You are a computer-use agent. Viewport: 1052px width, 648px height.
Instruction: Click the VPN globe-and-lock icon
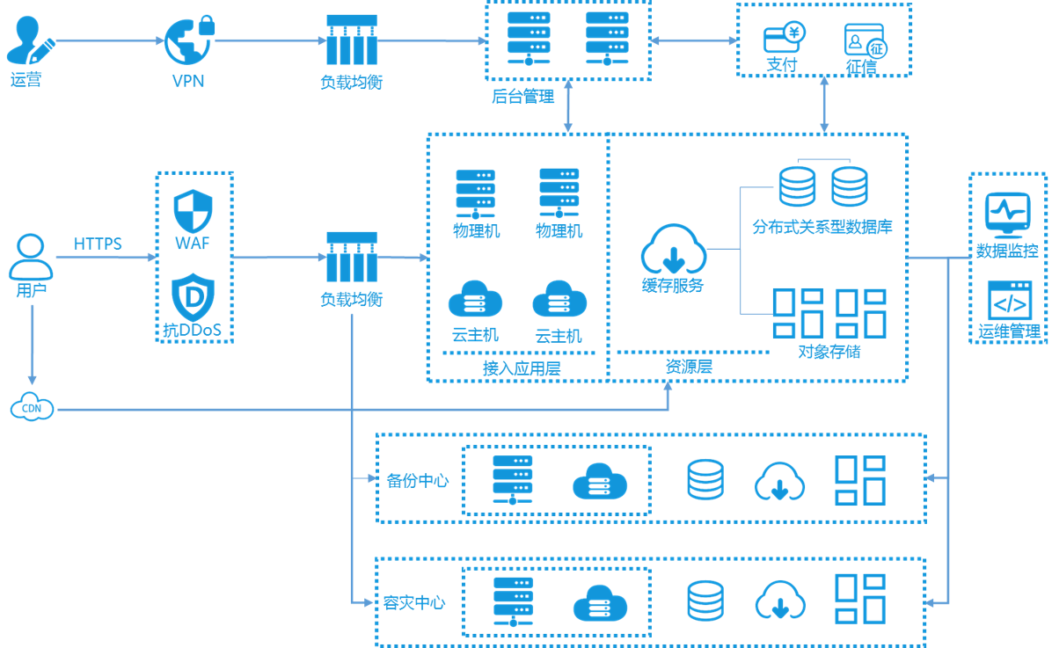pos(187,40)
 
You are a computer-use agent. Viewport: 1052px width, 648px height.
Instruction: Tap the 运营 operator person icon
pos(28,40)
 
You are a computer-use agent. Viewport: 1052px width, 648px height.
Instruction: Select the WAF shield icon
pos(193,211)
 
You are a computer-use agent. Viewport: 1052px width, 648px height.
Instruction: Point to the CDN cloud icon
pos(32,408)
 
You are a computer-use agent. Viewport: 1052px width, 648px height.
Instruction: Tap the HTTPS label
pos(98,244)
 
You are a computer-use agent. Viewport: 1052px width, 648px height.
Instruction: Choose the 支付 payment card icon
pos(781,39)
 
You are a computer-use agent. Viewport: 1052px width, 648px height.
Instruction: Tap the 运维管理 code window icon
pos(1009,302)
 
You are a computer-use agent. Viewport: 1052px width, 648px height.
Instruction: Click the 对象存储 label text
pos(829,352)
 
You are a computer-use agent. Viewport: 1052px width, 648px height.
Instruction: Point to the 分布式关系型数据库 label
pos(822,227)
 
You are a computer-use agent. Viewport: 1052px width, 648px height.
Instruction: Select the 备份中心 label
pos(417,481)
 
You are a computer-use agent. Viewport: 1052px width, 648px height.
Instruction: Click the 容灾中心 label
pos(414,603)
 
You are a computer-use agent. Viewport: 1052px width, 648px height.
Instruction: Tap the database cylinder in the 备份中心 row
pos(705,480)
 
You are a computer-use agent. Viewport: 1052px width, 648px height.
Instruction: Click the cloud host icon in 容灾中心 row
pos(600,603)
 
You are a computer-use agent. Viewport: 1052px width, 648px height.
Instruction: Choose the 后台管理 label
pos(523,96)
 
